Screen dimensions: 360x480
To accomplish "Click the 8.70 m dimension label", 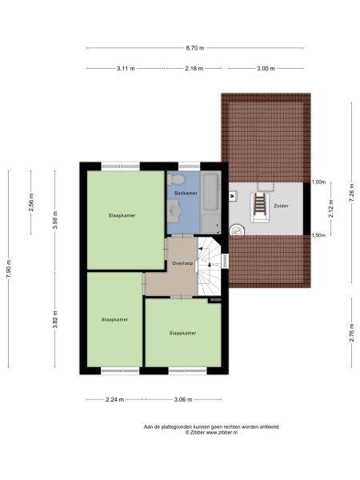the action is [195, 48].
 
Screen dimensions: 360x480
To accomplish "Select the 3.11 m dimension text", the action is [126, 69].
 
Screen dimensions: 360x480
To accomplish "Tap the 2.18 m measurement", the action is [194, 69].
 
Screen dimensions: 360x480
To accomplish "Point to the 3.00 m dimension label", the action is [266, 69].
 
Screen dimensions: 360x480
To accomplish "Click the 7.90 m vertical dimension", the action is [8, 269].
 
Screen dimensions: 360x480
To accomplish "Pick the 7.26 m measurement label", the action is [351, 193].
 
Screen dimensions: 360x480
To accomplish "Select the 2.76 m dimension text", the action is [351, 333].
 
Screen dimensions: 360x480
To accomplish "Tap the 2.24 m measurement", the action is [114, 399].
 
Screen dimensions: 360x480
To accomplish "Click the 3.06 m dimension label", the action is [183, 399].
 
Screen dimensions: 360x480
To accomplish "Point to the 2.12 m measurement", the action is [331, 209].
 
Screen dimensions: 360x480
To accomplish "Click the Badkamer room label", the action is [186, 193].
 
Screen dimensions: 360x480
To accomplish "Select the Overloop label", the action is [182, 263].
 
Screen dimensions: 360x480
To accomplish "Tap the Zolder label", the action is [281, 206].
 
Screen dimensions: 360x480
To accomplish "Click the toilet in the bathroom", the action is [175, 179].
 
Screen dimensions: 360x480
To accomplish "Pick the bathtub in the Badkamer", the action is [210, 192].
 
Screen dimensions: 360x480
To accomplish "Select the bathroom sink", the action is [174, 210].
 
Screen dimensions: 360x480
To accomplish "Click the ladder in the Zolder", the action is [260, 204].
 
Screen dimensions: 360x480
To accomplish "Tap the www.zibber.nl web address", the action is [222, 433].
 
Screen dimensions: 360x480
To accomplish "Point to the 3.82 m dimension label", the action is [55, 319].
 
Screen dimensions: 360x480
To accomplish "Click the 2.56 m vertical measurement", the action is [31, 202].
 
